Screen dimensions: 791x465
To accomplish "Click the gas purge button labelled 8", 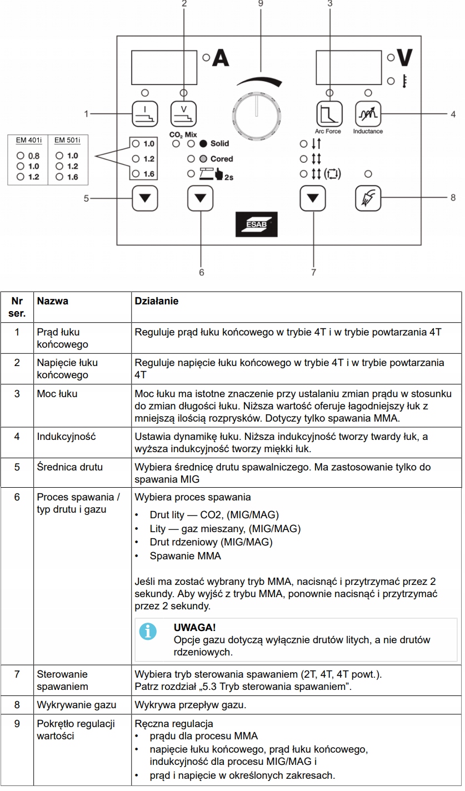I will coord(368,197).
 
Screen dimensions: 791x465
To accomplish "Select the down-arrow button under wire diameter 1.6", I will coord(144,197).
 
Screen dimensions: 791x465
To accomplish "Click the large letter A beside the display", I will coord(221,58).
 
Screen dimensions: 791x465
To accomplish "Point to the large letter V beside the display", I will coord(405,58).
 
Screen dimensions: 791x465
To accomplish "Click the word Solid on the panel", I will coord(219,143).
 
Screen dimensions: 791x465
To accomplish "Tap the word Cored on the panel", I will coord(221,159).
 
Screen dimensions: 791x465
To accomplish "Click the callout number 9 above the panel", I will coord(261,3).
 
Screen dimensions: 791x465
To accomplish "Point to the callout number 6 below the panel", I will coord(201,272).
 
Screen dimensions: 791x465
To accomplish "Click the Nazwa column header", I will coord(53,301).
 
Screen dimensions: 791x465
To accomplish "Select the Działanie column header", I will coord(157,301).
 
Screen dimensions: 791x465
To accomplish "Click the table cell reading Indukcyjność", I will coord(66,437).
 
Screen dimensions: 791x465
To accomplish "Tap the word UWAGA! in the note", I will coord(194,627).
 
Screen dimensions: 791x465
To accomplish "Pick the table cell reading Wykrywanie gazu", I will coord(77,705).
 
